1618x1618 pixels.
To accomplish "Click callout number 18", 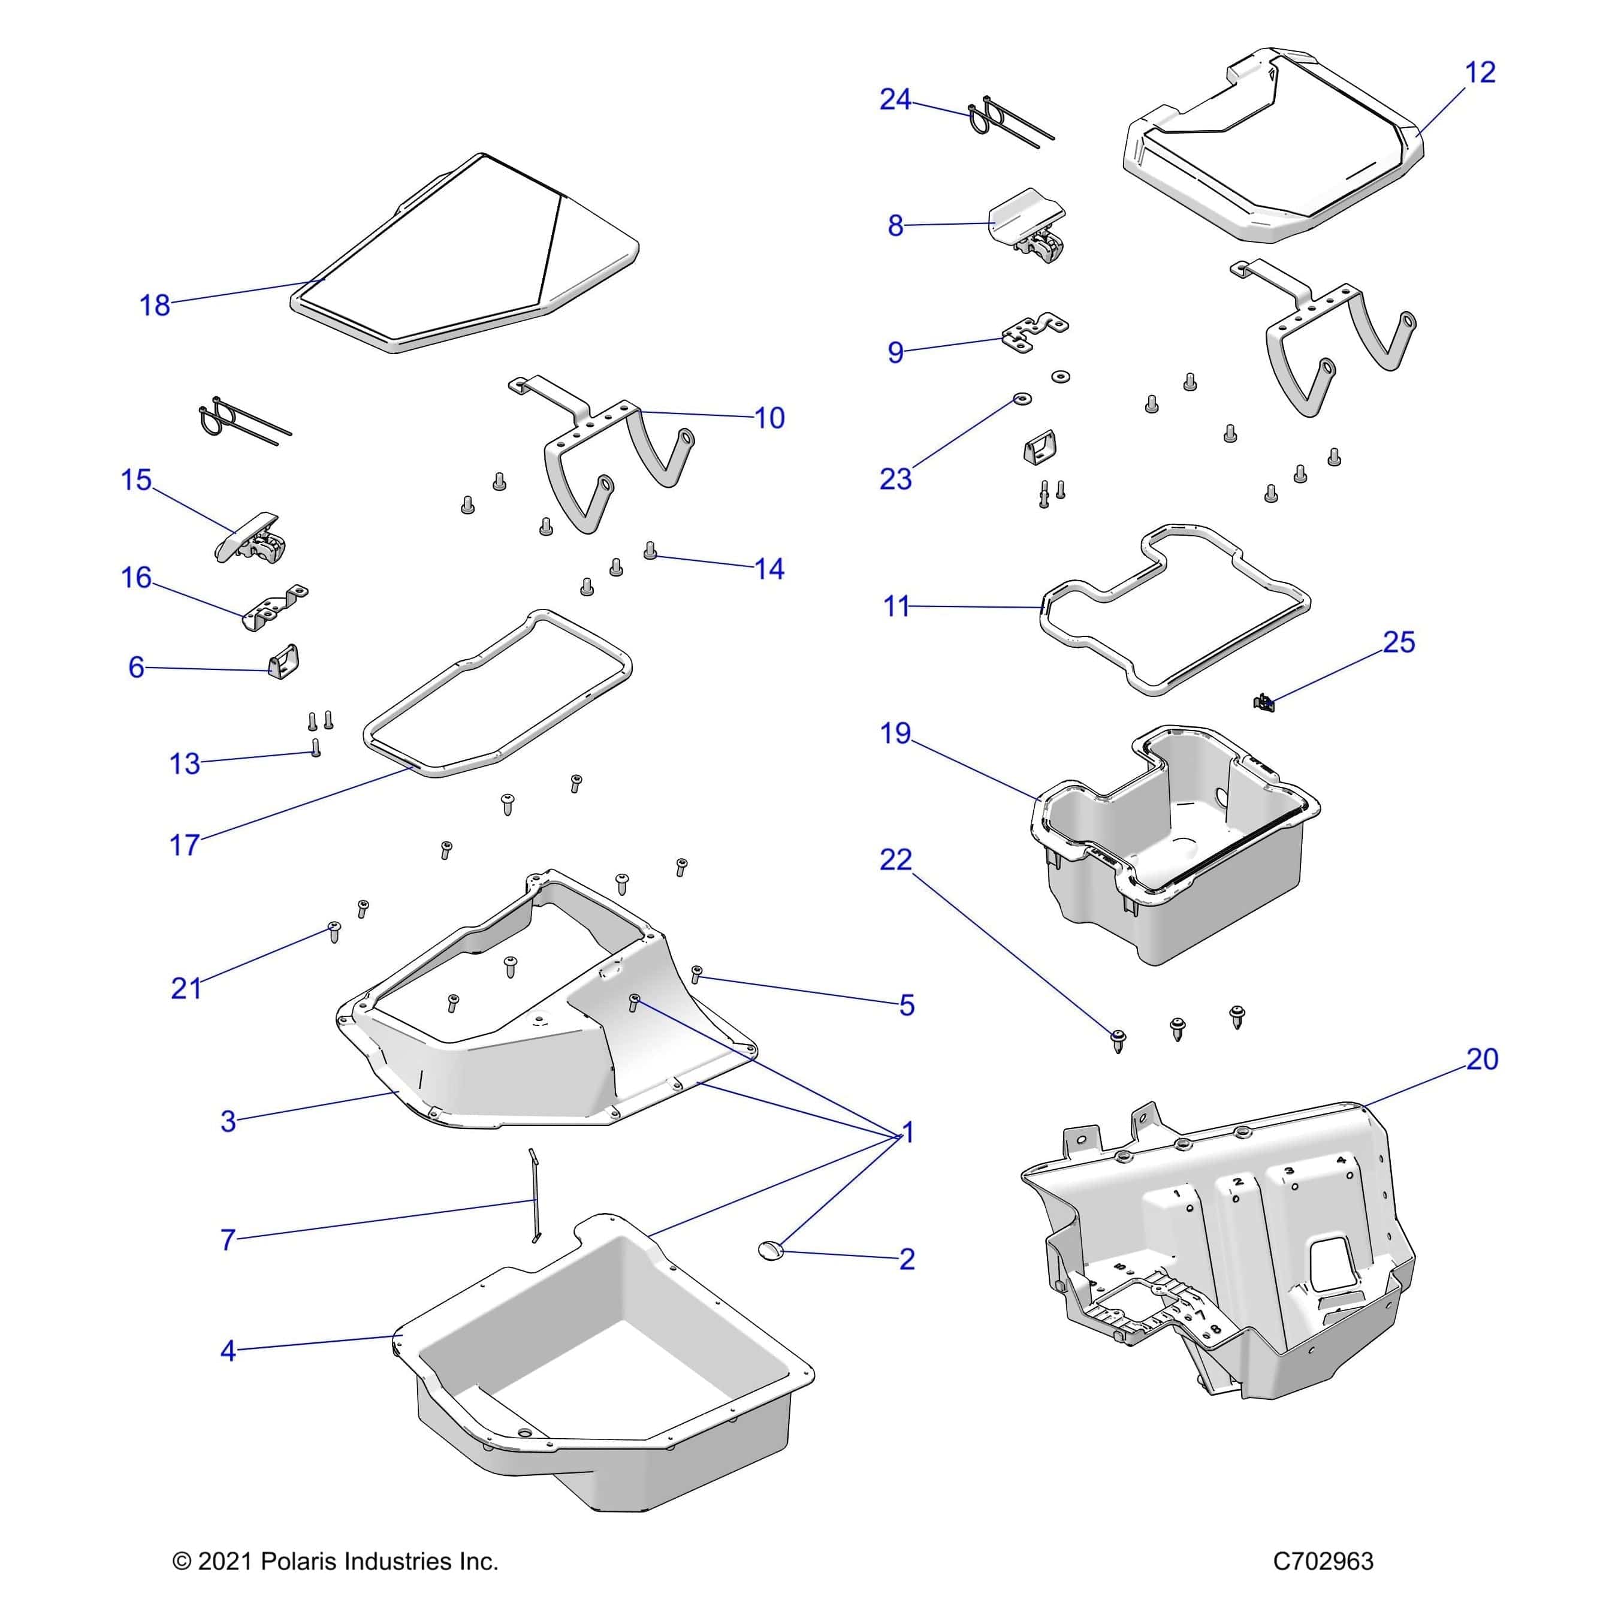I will (x=154, y=306).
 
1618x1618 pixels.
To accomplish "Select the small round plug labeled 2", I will (x=769, y=1272).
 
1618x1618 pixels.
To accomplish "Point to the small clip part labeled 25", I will (x=1264, y=702).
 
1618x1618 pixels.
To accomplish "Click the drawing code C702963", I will (x=1323, y=1561).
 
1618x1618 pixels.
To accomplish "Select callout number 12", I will (x=1480, y=73).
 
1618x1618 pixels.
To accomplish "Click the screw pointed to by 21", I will (x=334, y=932).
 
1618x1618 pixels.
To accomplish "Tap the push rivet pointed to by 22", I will (x=1118, y=1041).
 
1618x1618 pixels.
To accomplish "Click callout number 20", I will (x=1481, y=1059).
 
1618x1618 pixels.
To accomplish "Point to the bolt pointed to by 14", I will (x=650, y=550).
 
